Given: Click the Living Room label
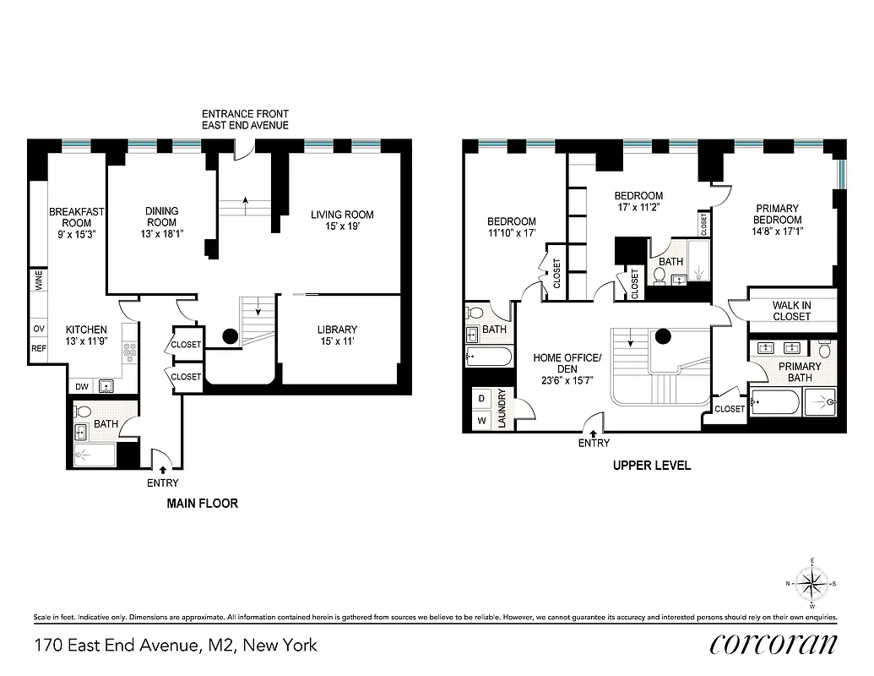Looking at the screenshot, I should [342, 215].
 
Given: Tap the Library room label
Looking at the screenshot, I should [337, 330].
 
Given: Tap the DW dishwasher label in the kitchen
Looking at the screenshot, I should [82, 387].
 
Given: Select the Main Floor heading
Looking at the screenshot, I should [202, 503].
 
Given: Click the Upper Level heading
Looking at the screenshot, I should [651, 465].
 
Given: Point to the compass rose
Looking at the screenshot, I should [812, 582].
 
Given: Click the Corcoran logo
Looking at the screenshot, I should [773, 644].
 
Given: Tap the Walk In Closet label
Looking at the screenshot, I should [791, 311].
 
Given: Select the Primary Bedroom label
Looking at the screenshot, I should [777, 214].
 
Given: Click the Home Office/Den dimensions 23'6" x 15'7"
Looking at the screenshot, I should [567, 380].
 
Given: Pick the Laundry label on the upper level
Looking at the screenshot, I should [502, 408].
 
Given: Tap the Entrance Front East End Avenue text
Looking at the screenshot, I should [245, 119].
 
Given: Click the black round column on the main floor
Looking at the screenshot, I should [229, 336].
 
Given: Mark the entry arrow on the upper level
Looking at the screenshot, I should [594, 433].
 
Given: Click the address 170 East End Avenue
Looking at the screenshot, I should [176, 646].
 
